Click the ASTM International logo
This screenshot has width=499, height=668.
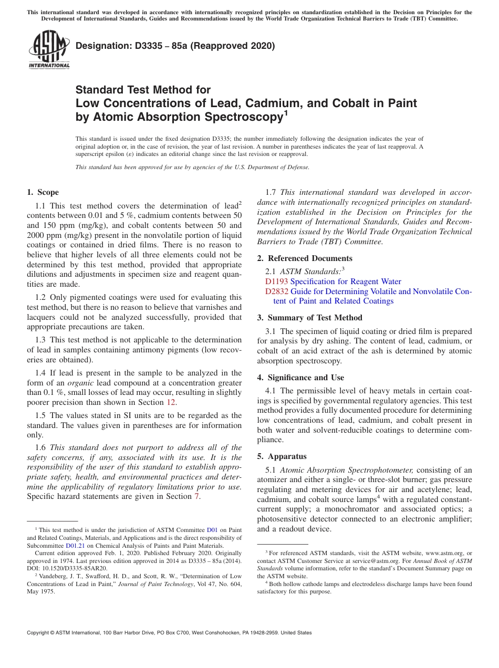(x=49, y=50)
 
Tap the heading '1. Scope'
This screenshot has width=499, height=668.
(x=43, y=192)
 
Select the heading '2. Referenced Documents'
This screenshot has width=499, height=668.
(x=305, y=258)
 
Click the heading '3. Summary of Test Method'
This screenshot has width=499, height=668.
(x=309, y=318)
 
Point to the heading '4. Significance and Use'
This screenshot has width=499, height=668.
(x=300, y=378)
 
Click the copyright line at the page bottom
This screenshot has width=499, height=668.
(x=169, y=633)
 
